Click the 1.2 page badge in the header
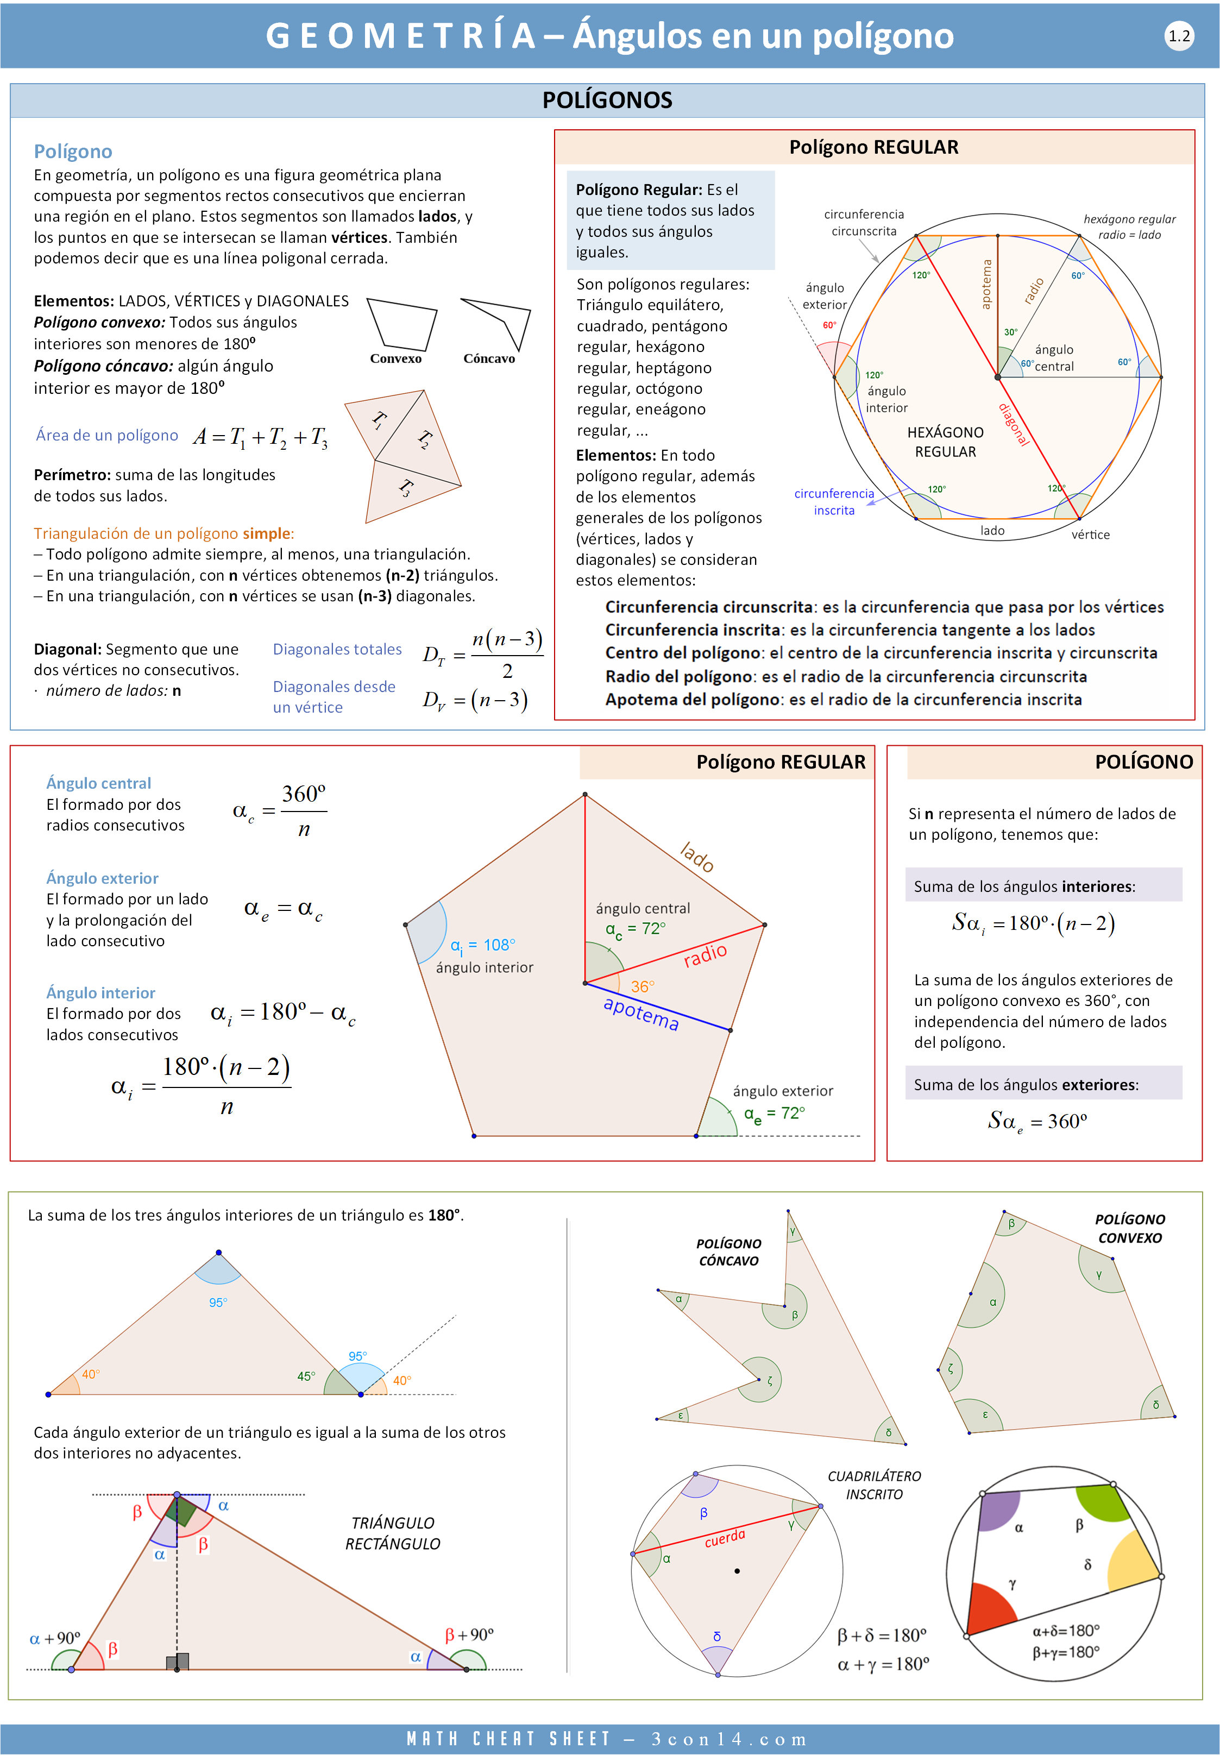coord(1179,36)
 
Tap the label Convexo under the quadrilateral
coord(395,359)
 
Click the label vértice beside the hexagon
coord(1090,535)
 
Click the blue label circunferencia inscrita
coord(833,502)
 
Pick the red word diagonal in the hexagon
coord(1014,424)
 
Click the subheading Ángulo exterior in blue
coord(103,878)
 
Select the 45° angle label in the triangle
coord(306,1376)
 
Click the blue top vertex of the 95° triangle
coord(218,1253)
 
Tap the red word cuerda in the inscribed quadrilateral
coord(724,1538)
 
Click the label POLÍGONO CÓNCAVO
coord(728,1252)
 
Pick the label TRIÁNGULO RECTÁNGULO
coord(392,1533)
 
